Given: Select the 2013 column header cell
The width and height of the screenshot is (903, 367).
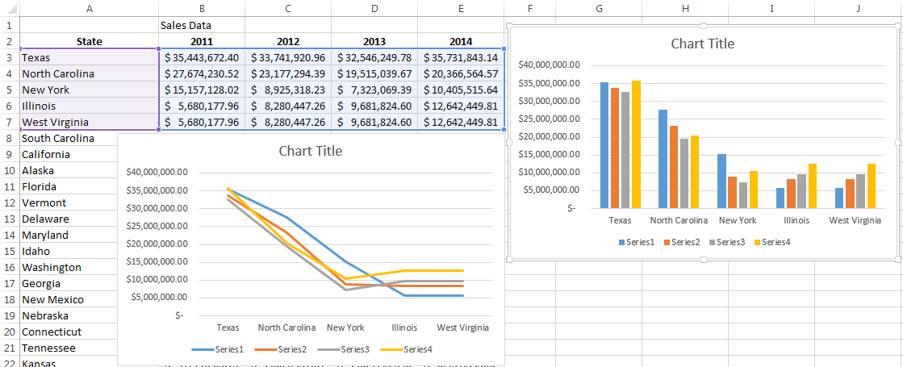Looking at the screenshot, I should pyautogui.click(x=374, y=41).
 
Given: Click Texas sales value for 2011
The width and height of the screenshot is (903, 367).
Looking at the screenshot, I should pyautogui.click(x=202, y=57).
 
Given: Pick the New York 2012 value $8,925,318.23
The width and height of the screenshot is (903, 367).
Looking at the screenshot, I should pyautogui.click(x=288, y=90).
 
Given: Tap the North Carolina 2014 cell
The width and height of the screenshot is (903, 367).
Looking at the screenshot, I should pyautogui.click(x=461, y=73).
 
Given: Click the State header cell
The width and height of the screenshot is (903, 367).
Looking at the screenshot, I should pyautogui.click(x=89, y=41).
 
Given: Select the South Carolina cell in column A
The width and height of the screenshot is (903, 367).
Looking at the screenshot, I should pyautogui.click(x=58, y=138).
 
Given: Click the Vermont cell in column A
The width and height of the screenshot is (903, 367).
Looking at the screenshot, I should pyautogui.click(x=44, y=202).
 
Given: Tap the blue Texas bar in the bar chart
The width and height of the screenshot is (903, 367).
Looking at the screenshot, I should pyautogui.click(x=604, y=145).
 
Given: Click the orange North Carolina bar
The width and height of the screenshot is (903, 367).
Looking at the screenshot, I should pyautogui.click(x=672, y=167).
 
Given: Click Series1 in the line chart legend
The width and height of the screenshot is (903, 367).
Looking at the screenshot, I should pyautogui.click(x=228, y=349).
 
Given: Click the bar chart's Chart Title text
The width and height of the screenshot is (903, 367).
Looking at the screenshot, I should pyautogui.click(x=703, y=44).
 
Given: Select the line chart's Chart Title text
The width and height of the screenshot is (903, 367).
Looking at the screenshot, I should pyautogui.click(x=311, y=151).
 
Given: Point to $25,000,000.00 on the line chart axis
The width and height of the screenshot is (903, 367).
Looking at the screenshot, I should pyautogui.click(x=157, y=226).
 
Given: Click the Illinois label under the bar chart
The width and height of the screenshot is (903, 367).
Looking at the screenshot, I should pyautogui.click(x=795, y=220).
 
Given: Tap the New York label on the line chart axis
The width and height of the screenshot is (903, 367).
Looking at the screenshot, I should pyautogui.click(x=345, y=328).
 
